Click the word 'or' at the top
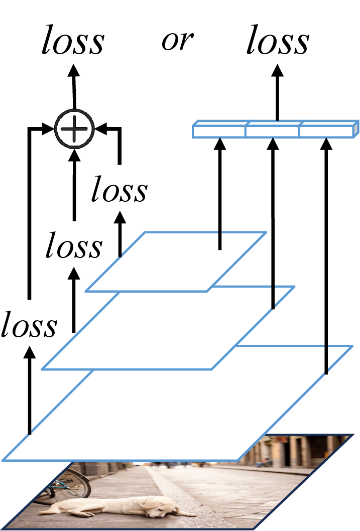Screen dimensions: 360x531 tap(177, 41)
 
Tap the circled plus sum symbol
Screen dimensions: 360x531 tap(74, 128)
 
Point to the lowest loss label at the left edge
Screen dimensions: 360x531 tap(29, 324)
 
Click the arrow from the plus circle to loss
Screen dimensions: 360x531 tap(74, 87)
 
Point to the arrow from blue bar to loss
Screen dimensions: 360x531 tap(278, 92)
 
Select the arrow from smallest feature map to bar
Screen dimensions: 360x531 tap(220, 194)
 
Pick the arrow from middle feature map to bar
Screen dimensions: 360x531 tap(273, 223)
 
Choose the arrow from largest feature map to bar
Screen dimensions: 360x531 tap(326, 255)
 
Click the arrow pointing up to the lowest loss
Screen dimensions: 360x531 tap(30, 390)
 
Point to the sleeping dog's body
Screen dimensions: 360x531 tap(115, 506)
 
